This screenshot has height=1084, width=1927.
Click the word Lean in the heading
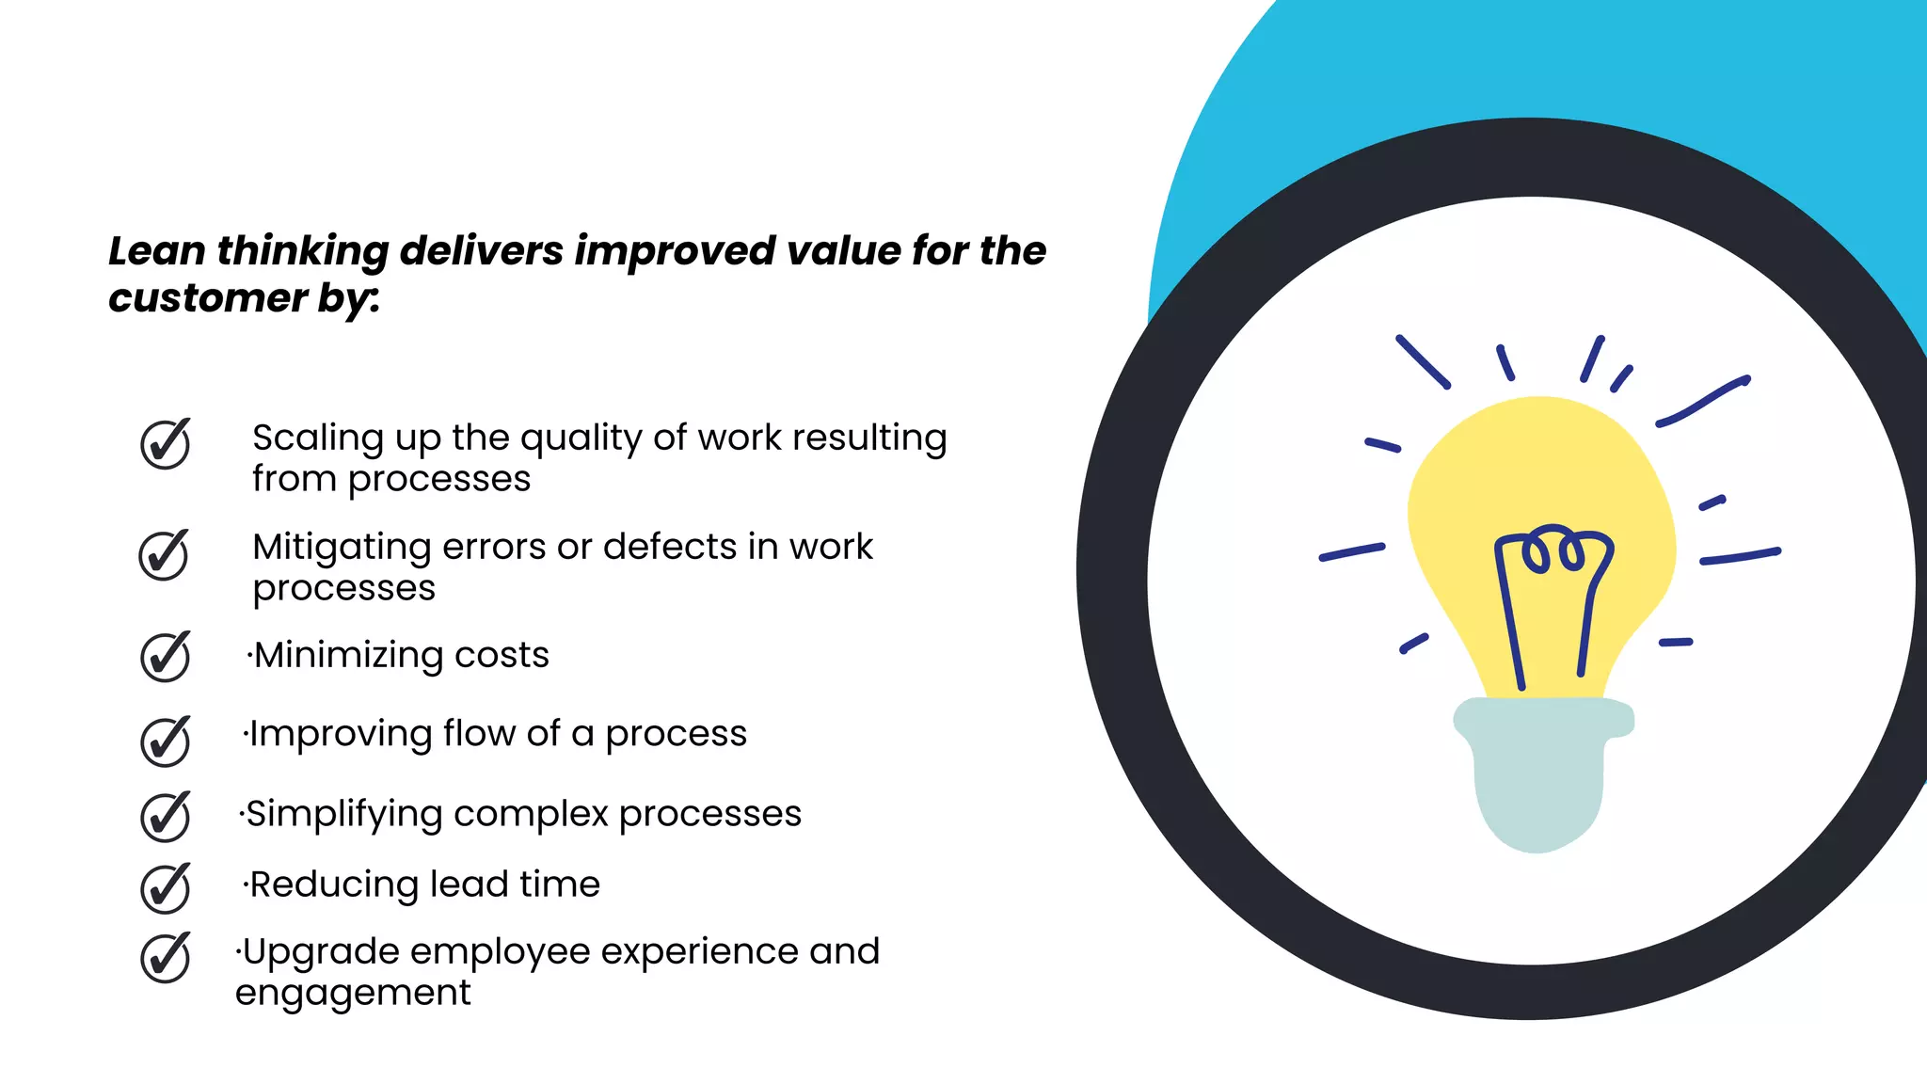click(156, 251)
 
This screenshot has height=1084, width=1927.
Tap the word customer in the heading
click(207, 298)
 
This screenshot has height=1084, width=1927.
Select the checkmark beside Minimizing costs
click(165, 657)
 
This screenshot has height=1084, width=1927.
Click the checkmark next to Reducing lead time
click(165, 888)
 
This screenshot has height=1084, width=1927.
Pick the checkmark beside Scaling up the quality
click(165, 444)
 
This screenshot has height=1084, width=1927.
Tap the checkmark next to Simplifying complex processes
click(165, 816)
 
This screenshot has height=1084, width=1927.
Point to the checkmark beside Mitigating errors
click(164, 555)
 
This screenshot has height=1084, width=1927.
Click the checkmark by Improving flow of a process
click(165, 741)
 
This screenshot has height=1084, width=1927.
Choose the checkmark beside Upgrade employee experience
click(165, 958)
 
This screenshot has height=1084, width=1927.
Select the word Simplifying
click(343, 815)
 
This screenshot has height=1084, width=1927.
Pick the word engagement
click(353, 994)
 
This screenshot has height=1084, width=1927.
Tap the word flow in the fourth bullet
click(478, 733)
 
